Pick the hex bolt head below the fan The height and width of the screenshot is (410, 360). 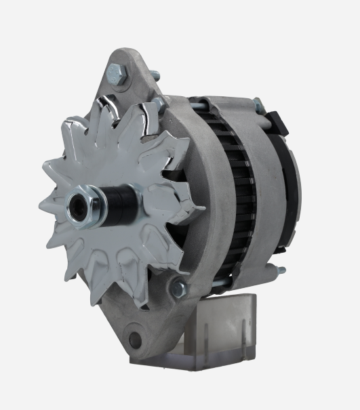point(178,289)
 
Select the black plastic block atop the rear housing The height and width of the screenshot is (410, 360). point(275,121)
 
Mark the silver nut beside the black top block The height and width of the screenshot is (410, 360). point(258,105)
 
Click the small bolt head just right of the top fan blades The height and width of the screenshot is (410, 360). point(157,105)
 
